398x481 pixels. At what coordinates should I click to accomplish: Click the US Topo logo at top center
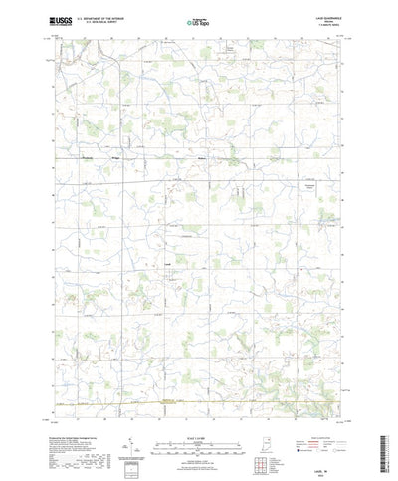coord(198,20)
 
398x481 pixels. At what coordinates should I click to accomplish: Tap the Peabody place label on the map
coord(88,154)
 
